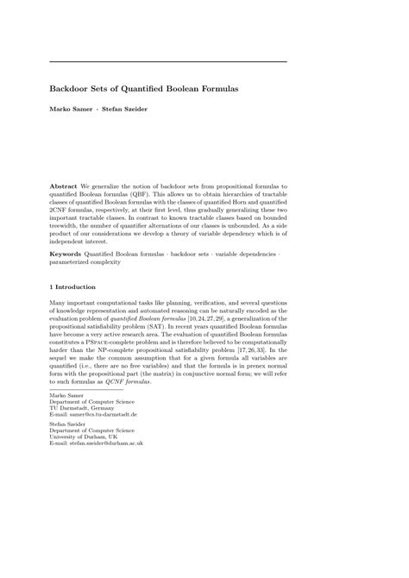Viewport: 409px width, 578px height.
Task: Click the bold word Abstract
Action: pos(64,186)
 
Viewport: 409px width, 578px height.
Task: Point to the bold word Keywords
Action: pos(66,254)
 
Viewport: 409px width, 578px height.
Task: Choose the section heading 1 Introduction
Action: pos(72,286)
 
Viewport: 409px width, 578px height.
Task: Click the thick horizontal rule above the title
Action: pos(168,61)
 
